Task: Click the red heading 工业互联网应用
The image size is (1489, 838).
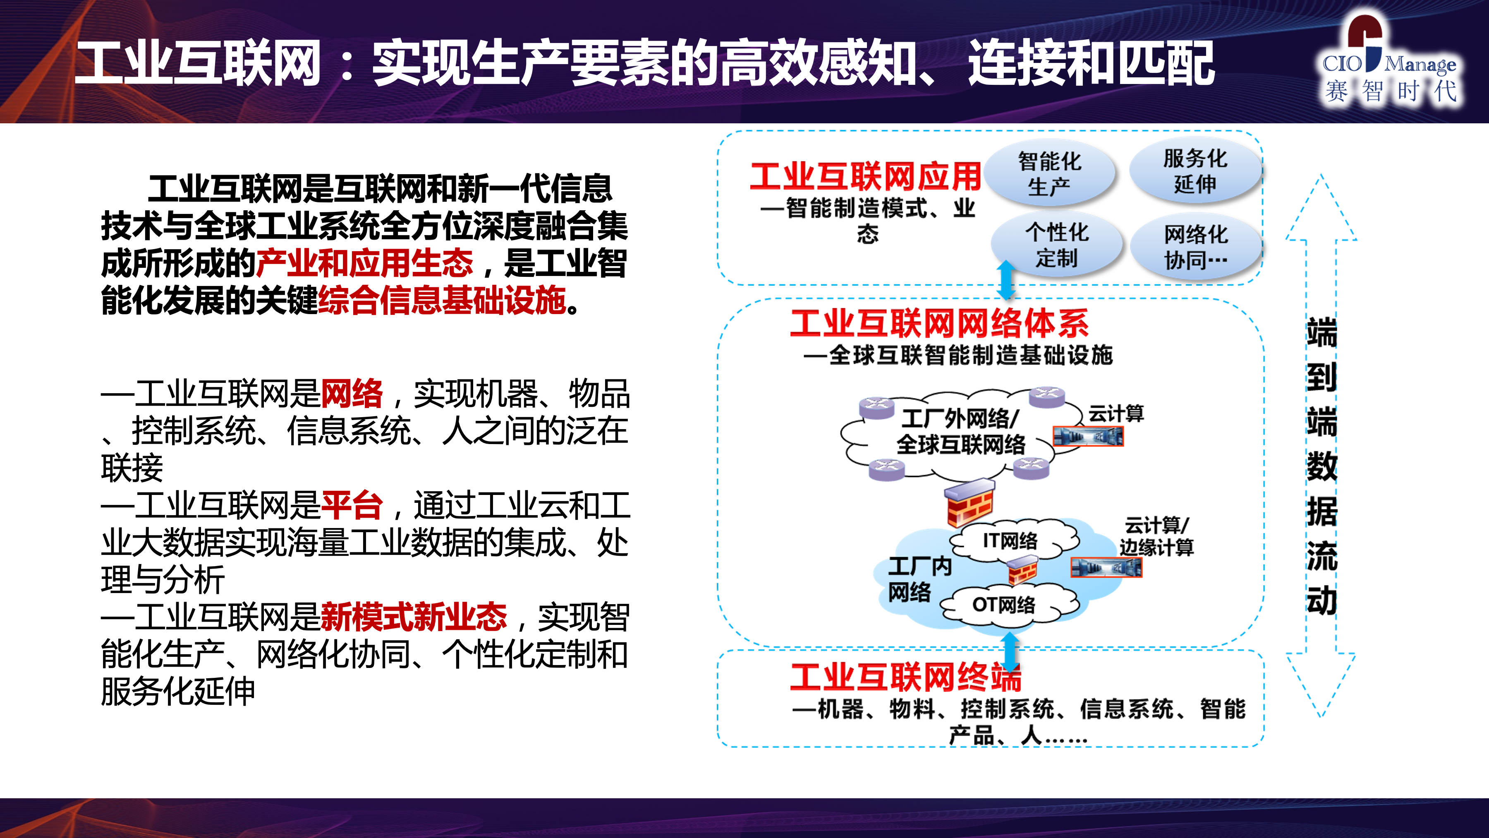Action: (x=865, y=176)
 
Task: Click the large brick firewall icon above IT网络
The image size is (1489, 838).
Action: (x=970, y=502)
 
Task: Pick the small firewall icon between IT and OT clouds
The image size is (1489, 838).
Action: (x=1022, y=570)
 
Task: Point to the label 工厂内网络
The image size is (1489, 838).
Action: (x=919, y=579)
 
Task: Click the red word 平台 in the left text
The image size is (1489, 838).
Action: (x=352, y=505)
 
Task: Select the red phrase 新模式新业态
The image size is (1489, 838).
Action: (x=414, y=617)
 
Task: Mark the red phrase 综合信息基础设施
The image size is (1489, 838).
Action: (x=442, y=300)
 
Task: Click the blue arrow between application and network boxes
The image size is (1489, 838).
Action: (x=1006, y=280)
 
